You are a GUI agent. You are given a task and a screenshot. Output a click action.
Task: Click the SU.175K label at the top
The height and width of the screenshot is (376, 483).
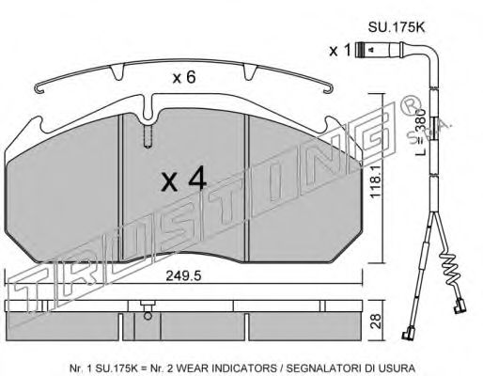point(396,27)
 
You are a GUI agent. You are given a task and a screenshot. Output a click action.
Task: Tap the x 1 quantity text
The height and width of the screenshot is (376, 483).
point(340,51)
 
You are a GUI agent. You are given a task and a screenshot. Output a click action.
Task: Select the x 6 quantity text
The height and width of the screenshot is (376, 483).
point(184,77)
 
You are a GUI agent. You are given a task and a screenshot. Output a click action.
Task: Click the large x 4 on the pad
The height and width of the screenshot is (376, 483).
point(183,179)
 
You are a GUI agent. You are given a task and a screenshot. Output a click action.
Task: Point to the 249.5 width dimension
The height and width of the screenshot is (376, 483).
point(183,276)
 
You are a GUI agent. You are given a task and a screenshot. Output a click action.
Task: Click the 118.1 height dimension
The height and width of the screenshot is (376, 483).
point(375,182)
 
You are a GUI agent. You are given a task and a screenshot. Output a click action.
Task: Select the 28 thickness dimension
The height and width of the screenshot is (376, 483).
point(377,321)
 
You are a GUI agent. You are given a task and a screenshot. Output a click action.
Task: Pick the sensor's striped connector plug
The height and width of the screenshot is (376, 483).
point(361,50)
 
